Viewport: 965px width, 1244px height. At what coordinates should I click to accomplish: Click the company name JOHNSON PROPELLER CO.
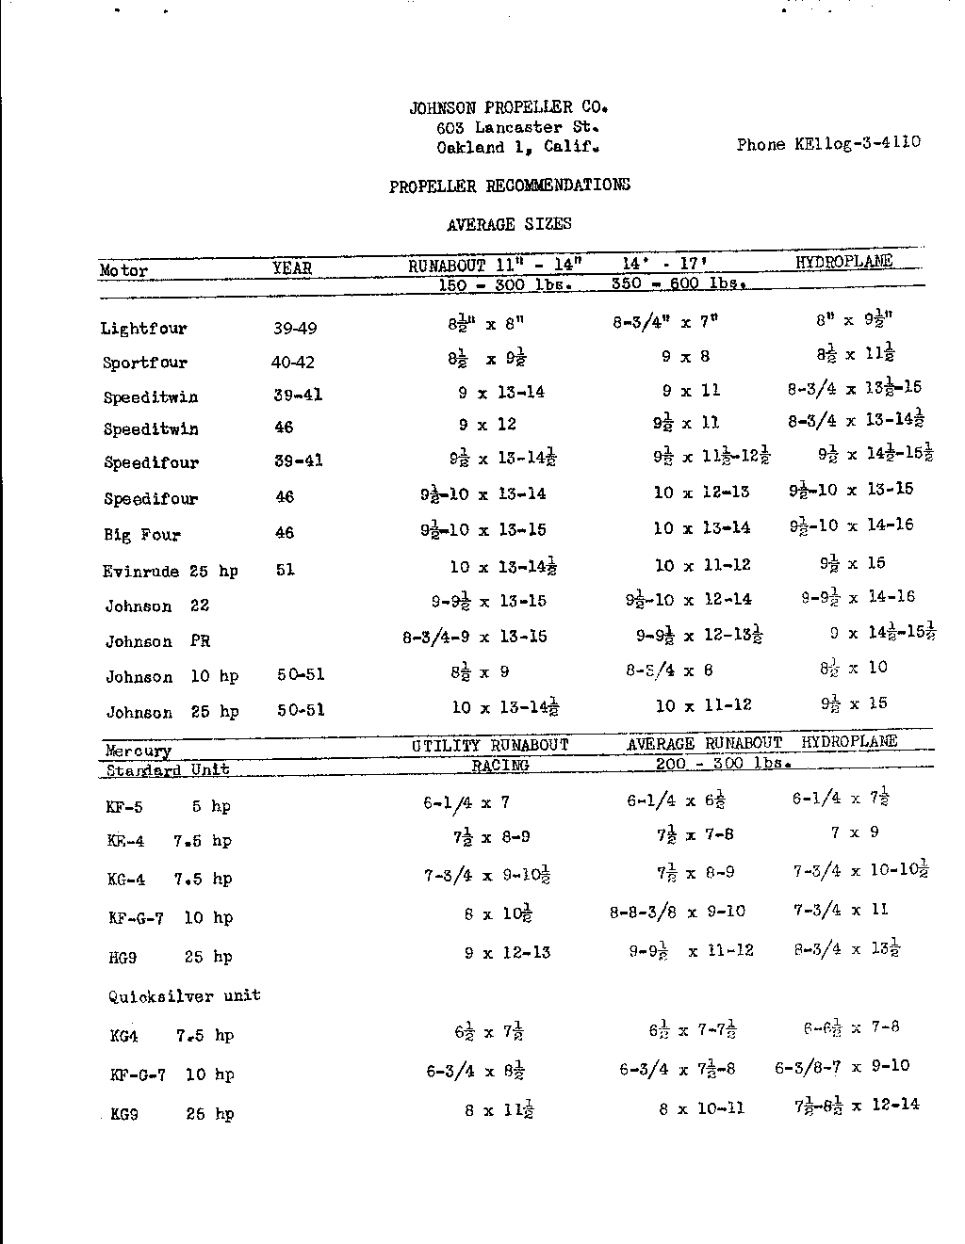tap(508, 107)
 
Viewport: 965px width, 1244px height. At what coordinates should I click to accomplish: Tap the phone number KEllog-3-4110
tap(828, 144)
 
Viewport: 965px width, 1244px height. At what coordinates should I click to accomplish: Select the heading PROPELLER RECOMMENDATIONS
tap(510, 186)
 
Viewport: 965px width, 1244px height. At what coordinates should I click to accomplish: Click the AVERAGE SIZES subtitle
tap(509, 224)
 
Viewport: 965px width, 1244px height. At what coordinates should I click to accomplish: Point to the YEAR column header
tap(292, 268)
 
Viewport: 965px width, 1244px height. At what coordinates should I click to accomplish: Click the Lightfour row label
tap(144, 329)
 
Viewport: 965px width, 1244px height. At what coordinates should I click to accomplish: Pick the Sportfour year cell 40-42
tap(293, 363)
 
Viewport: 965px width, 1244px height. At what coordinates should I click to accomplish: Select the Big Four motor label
tap(142, 534)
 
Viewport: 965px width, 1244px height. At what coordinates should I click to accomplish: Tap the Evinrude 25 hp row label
tap(171, 572)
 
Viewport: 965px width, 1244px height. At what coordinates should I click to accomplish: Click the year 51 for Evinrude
tap(286, 570)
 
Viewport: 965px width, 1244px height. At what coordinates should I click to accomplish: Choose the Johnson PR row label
tap(157, 641)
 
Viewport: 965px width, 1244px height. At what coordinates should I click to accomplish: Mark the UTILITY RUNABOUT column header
tap(490, 745)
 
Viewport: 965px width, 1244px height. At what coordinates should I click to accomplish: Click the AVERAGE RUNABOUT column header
tap(705, 744)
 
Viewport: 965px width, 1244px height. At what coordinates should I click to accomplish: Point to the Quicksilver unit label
tap(184, 995)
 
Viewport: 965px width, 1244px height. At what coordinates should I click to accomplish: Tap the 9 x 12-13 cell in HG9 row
tap(507, 953)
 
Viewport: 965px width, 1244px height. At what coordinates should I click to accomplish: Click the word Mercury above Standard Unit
tap(139, 751)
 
